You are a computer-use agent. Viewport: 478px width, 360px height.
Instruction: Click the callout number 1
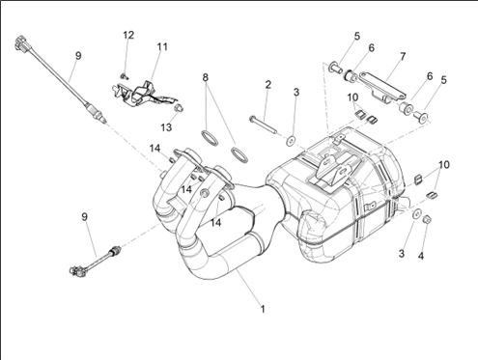pyautogui.click(x=263, y=309)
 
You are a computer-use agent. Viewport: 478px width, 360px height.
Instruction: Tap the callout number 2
pyautogui.click(x=268, y=85)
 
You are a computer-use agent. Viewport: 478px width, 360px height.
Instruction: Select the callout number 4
pyautogui.click(x=421, y=256)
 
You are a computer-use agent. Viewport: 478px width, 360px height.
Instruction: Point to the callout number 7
pyautogui.click(x=403, y=57)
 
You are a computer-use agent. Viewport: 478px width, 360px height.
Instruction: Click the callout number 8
pyautogui.click(x=206, y=77)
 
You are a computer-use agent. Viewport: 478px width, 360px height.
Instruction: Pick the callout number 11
pyautogui.click(x=162, y=47)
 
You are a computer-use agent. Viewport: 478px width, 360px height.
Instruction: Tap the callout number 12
pyautogui.click(x=128, y=35)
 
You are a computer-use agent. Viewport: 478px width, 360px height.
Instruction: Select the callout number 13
pyautogui.click(x=166, y=127)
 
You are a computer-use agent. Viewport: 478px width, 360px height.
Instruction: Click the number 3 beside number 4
pyautogui.click(x=401, y=254)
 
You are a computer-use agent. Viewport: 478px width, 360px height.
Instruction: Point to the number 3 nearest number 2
pyautogui.click(x=296, y=93)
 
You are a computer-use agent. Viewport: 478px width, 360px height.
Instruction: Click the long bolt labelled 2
pyautogui.click(x=263, y=125)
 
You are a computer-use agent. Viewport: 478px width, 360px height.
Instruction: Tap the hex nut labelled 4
pyautogui.click(x=428, y=220)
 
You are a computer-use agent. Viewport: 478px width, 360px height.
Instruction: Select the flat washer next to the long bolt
pyautogui.click(x=292, y=141)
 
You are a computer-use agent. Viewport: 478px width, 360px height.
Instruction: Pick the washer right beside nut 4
pyautogui.click(x=417, y=214)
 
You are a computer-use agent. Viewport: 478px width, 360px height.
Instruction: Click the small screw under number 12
pyautogui.click(x=124, y=76)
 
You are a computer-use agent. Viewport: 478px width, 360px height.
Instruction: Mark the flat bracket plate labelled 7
pyautogui.click(x=383, y=85)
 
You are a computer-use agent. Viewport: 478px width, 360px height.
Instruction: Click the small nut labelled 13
pyautogui.click(x=179, y=108)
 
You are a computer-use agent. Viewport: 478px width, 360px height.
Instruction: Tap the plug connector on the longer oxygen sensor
pyautogui.click(x=22, y=44)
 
